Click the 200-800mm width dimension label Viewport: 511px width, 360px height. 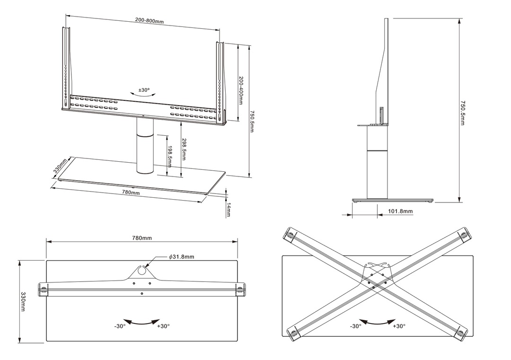tap(150, 21)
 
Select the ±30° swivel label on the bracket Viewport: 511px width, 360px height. tap(144, 89)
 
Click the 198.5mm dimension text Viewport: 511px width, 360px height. tap(170, 156)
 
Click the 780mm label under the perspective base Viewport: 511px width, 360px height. tap(131, 193)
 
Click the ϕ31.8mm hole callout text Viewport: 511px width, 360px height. tap(182, 257)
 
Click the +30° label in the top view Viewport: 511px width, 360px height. tap(162, 326)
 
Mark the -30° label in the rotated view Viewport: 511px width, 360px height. tap(356, 326)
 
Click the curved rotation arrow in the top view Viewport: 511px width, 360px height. tap(141, 322)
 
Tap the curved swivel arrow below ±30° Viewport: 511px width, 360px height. tap(144, 95)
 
